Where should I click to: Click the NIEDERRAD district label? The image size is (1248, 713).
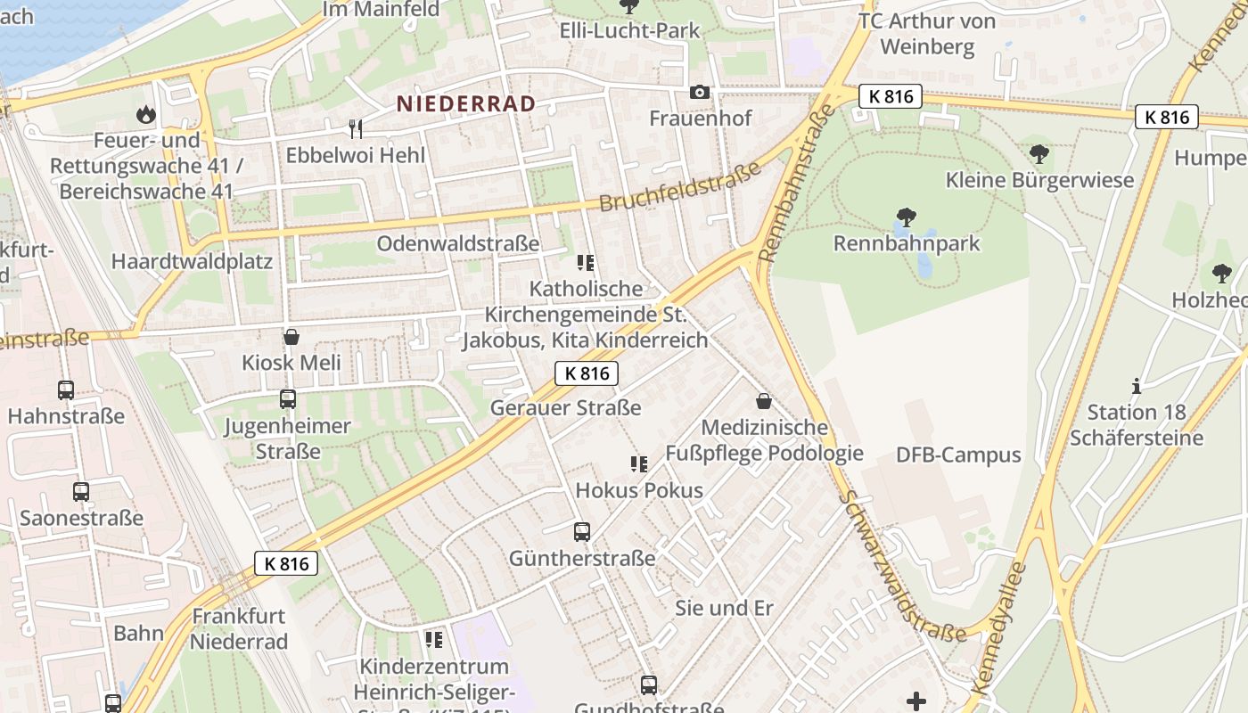[x=466, y=103]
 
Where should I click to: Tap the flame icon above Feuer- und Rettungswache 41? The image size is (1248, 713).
[x=144, y=114]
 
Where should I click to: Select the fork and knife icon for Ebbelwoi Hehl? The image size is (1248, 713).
[x=356, y=128]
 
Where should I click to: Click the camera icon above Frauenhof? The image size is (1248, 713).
[x=700, y=92]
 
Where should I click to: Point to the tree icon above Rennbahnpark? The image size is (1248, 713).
[x=906, y=217]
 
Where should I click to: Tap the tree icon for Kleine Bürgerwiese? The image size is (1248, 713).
[x=1039, y=153]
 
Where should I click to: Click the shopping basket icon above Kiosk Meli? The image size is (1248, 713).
[x=291, y=337]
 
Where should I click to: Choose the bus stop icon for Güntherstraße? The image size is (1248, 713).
[x=582, y=532]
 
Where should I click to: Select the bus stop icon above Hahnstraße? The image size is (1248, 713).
[x=66, y=389]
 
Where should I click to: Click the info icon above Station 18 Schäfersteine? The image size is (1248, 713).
[x=1136, y=386]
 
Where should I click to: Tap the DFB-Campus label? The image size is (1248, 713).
[x=958, y=455]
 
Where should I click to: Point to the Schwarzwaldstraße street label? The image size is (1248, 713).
[x=902, y=567]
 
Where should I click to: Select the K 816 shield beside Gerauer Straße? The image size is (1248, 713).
[x=587, y=373]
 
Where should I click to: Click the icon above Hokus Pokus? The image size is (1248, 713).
[x=638, y=463]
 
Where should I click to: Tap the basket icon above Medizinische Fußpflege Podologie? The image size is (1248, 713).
[x=763, y=401]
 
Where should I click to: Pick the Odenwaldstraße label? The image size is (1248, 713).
[x=458, y=243]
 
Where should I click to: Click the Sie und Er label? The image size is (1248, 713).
[x=724, y=608]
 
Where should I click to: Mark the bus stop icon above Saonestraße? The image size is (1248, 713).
[x=81, y=491]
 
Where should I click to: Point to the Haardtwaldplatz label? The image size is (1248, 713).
[x=192, y=262]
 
